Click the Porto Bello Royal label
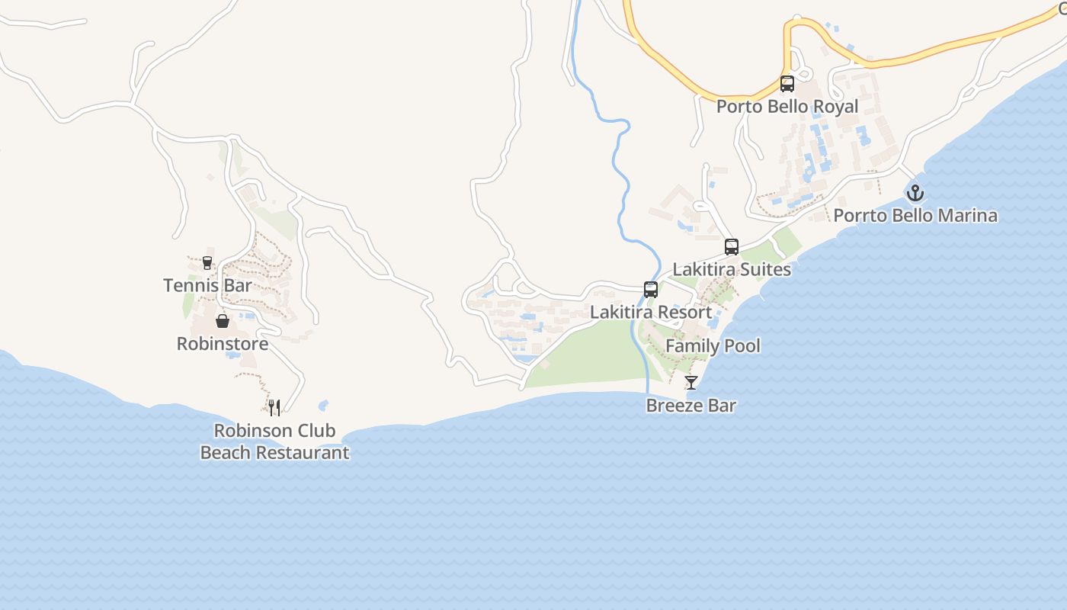coord(787,107)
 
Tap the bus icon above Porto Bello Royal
coord(787,84)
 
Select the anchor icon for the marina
coord(915,192)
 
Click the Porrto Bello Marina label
coord(915,216)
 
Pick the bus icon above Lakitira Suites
coord(732,246)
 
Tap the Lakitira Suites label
coord(732,270)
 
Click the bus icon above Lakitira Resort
coord(651,289)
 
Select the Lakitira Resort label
coord(651,313)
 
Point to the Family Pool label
coord(713,346)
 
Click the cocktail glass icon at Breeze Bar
coord(691,382)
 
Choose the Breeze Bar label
coord(691,406)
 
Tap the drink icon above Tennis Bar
coord(207,263)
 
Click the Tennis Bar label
coord(207,286)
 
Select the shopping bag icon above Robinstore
coord(223,321)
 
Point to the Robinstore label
coord(223,344)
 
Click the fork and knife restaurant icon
coord(274,408)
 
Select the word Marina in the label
coord(967,216)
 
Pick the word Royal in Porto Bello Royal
coord(836,107)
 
